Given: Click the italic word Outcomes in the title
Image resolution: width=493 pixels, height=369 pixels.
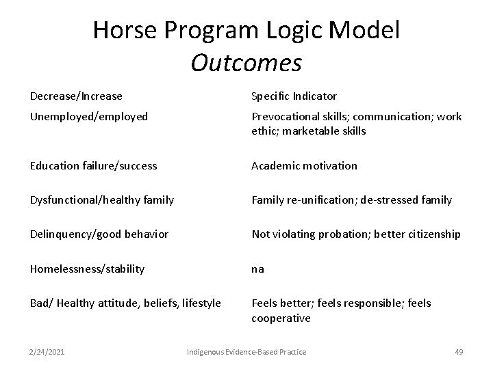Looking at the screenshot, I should click(x=246, y=62).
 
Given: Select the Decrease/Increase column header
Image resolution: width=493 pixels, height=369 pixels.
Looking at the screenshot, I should click(x=76, y=96).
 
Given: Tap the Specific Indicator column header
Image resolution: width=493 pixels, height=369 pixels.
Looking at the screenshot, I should click(x=294, y=96).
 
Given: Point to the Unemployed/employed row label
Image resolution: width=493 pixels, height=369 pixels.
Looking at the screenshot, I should click(x=89, y=117).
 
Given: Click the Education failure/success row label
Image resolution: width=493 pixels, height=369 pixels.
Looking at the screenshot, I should click(x=93, y=165).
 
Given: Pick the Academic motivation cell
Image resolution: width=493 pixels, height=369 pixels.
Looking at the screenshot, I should click(x=304, y=165).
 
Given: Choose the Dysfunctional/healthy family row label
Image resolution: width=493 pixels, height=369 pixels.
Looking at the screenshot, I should click(x=102, y=200).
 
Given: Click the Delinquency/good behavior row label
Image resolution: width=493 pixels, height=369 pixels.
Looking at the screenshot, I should click(x=99, y=234).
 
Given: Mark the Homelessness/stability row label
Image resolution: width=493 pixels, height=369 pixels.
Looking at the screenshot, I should click(x=87, y=269).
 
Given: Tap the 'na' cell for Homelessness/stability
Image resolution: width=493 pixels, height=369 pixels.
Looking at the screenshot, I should click(x=257, y=269).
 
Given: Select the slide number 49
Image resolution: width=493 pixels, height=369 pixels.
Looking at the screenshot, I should click(x=459, y=352).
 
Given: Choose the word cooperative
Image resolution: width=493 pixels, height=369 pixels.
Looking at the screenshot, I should click(x=281, y=318).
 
